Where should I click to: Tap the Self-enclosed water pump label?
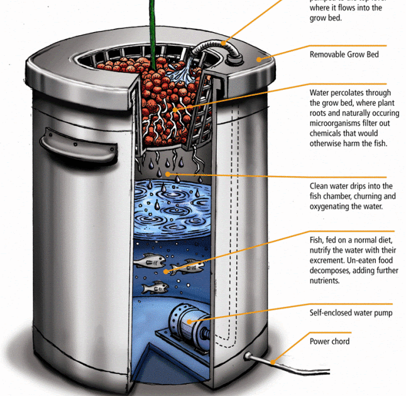(x=351, y=312)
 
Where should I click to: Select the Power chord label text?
(x=329, y=341)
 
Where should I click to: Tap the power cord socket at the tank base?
(x=248, y=357)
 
